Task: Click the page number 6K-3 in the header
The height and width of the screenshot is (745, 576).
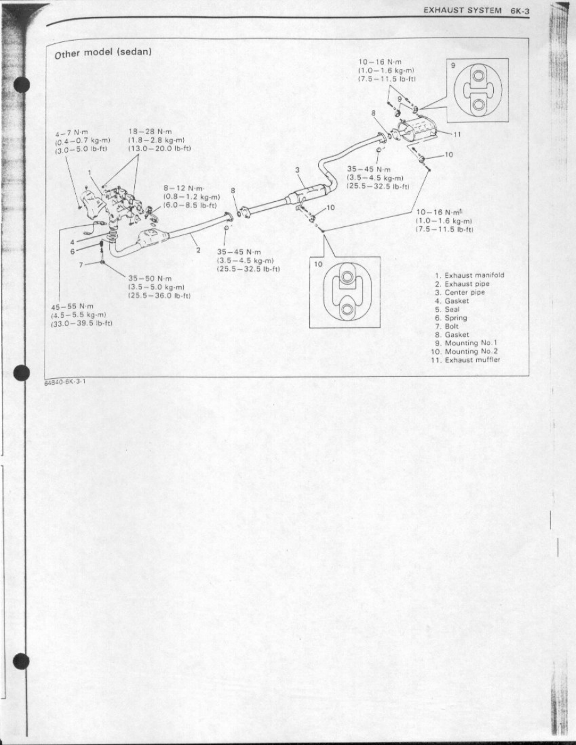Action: point(520,11)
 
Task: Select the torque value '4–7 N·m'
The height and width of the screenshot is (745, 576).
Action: point(72,132)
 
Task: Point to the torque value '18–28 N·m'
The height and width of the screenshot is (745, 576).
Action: point(150,132)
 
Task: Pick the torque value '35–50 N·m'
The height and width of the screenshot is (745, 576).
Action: point(150,278)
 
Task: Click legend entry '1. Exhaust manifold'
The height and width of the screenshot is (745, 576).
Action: point(469,275)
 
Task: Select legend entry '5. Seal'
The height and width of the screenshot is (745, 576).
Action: point(447,309)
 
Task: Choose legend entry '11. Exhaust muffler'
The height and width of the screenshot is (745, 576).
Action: point(466,360)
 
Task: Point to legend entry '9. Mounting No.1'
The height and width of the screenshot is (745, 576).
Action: point(466,343)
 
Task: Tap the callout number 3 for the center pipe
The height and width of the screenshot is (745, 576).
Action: point(297,170)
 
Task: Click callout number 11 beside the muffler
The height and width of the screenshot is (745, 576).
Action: point(457,134)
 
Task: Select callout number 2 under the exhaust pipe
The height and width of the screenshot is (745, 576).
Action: point(199,250)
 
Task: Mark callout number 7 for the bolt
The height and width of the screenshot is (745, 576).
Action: point(81,265)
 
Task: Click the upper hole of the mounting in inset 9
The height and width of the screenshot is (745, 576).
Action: point(479,77)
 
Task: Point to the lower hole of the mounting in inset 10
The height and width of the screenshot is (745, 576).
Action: point(348,309)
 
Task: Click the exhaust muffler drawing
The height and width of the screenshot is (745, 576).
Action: point(419,130)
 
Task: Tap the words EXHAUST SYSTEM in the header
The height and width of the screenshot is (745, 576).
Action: point(462,11)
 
